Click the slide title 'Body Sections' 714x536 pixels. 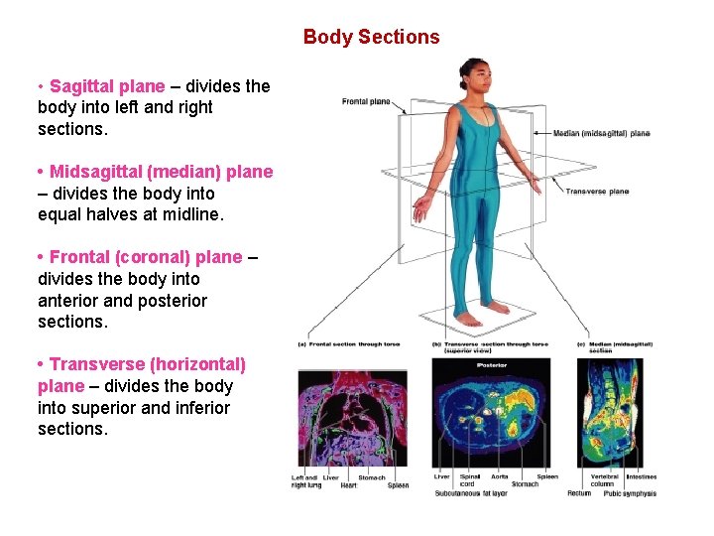tap(371, 37)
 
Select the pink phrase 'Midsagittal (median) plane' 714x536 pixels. tap(161, 172)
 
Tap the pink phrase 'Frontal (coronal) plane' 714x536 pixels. tap(145, 257)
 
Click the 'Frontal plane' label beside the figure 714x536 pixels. tap(366, 101)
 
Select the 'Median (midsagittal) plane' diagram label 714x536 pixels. tap(601, 133)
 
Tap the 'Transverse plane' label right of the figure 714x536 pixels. tap(597, 192)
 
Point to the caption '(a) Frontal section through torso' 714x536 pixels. tap(349, 344)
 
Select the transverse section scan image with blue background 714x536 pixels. tap(490, 415)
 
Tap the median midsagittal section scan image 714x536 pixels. tap(609, 413)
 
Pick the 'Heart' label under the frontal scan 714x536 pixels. tap(331, 485)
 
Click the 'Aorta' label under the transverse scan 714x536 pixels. tap(499, 476)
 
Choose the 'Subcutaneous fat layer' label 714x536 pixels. tap(470, 493)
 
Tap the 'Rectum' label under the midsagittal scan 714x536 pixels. tap(578, 493)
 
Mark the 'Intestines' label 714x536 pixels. tap(641, 476)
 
